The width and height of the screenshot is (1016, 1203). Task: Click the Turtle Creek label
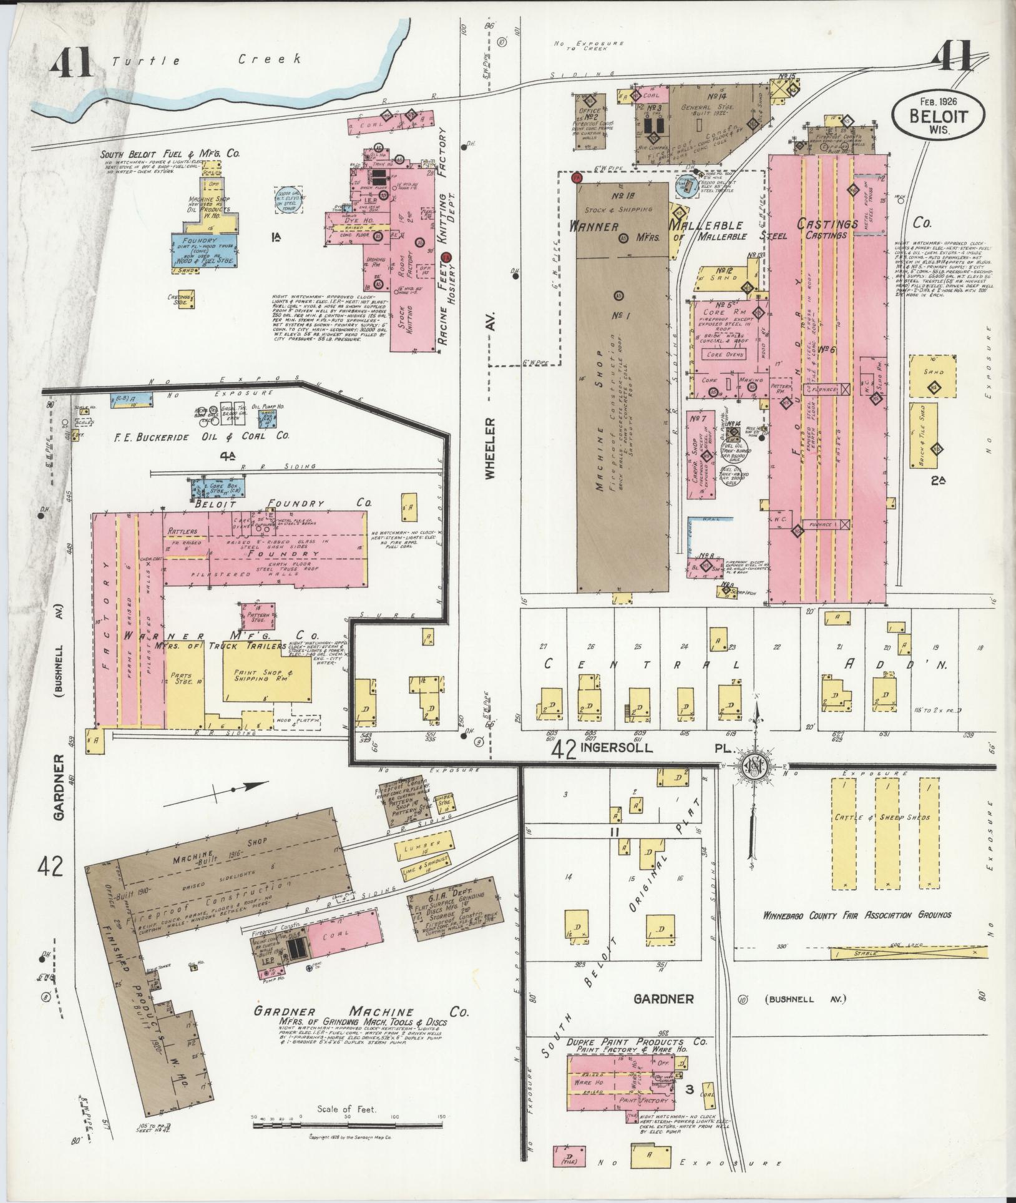point(206,60)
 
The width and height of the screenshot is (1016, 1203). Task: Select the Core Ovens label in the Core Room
point(725,354)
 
